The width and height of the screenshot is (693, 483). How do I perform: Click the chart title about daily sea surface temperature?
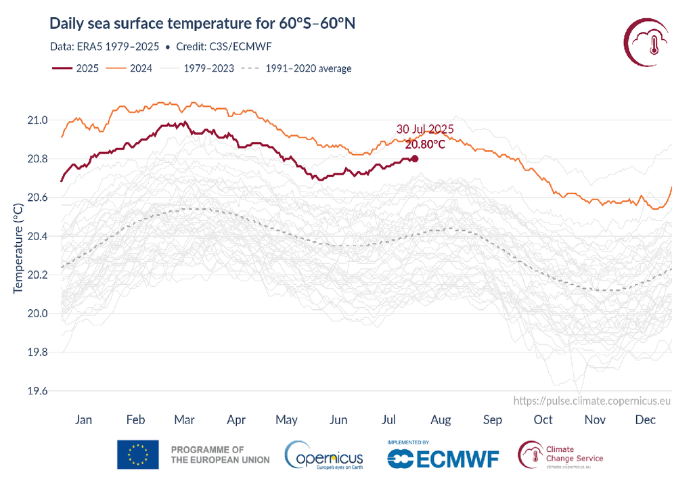pos(202,24)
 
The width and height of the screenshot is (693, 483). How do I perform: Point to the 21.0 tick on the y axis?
pos(37,120)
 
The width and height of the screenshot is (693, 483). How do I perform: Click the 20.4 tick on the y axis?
pos(37,236)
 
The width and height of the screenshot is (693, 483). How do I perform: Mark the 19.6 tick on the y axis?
pos(37,391)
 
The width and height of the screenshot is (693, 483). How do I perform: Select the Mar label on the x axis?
pos(185,420)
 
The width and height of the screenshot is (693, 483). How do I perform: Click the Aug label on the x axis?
pos(441,420)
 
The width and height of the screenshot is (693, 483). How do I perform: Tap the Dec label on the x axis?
pos(646,420)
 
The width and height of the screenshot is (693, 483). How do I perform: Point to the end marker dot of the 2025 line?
pos(414,158)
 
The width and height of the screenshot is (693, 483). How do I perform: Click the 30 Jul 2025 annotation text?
pos(424,129)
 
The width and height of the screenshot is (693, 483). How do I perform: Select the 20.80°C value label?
pos(425,144)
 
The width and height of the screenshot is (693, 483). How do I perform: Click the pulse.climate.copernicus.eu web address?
pos(592,401)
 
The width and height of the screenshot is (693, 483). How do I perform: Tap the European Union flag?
pos(138,455)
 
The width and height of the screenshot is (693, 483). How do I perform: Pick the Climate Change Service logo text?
pos(573,453)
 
